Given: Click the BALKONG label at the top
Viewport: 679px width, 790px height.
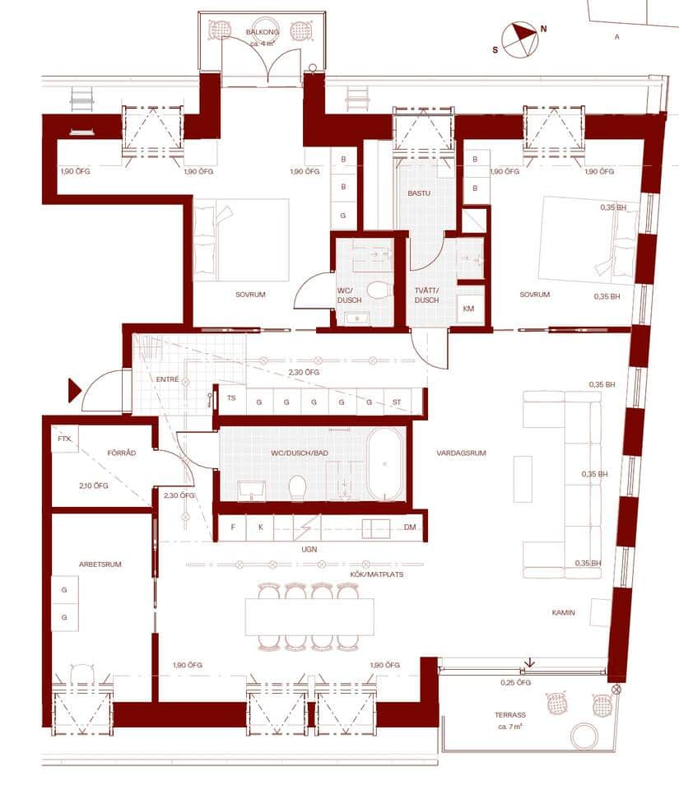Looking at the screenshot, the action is pyautogui.click(x=263, y=32).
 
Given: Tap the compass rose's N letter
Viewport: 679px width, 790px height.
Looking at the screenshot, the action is pyautogui.click(x=543, y=29).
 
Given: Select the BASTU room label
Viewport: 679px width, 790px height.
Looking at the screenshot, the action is pyautogui.click(x=419, y=193).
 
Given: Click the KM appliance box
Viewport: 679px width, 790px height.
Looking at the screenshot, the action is pyautogui.click(x=468, y=309).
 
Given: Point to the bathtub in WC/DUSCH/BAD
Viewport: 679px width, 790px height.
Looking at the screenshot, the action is pyautogui.click(x=385, y=464).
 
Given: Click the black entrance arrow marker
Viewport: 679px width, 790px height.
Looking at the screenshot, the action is pyautogui.click(x=75, y=390).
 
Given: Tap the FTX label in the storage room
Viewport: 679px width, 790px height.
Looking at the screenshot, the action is pyautogui.click(x=64, y=439).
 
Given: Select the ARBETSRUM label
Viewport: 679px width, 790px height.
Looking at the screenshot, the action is pyautogui.click(x=100, y=565).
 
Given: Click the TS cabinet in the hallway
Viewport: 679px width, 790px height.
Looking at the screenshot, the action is pyautogui.click(x=232, y=401).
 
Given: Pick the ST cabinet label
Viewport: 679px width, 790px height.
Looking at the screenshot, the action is pyautogui.click(x=397, y=402).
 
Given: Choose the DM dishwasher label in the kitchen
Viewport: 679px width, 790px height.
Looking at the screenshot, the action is pyautogui.click(x=410, y=527).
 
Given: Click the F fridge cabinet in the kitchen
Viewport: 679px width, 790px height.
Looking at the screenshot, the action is pyautogui.click(x=232, y=527).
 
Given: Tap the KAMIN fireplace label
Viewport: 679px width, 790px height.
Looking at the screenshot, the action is pyautogui.click(x=563, y=612).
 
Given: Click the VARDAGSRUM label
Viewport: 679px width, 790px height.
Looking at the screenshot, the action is pyautogui.click(x=462, y=453).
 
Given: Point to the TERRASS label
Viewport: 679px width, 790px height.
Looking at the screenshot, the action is pyautogui.click(x=510, y=715).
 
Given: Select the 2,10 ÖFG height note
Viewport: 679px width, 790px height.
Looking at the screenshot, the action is pyautogui.click(x=94, y=486).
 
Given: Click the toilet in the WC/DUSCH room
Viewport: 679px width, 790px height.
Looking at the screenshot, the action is pyautogui.click(x=379, y=290).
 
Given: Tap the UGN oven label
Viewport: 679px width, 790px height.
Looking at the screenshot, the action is pyautogui.click(x=309, y=549).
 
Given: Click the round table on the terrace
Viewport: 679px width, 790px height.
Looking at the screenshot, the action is pyautogui.click(x=584, y=736).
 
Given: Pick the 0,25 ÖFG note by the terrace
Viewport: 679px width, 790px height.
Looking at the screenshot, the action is pyautogui.click(x=516, y=683).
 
